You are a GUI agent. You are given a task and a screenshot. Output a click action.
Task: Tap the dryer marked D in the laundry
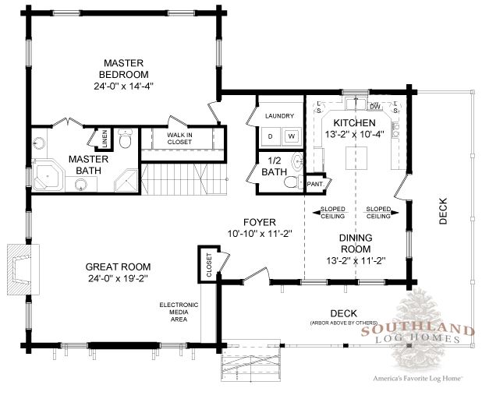pos(271,136)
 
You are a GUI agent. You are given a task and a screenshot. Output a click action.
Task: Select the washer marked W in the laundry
pos(290,136)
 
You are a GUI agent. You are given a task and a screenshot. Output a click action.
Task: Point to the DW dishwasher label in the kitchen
pos(374,107)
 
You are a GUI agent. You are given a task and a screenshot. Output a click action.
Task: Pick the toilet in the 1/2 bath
pos(290,182)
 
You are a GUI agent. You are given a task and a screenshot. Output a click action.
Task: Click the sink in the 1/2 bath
pos(296,162)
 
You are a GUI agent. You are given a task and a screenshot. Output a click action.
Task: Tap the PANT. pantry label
pos(314,184)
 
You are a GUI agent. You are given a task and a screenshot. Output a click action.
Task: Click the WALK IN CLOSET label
pos(179,139)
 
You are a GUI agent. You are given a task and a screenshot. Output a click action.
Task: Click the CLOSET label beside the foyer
pos(209,264)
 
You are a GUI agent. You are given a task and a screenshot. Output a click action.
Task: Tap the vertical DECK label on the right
pos(444,210)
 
